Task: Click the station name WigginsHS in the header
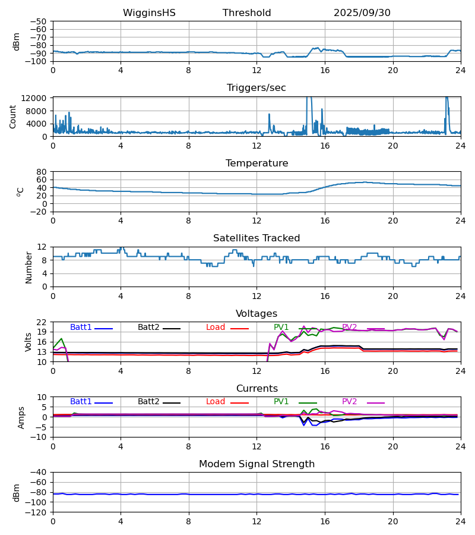(149, 13)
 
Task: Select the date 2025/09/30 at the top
(362, 13)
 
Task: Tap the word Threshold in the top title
(246, 13)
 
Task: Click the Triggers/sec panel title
(256, 88)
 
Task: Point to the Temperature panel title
(256, 163)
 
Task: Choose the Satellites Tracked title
(256, 238)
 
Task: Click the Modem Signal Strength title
(256, 464)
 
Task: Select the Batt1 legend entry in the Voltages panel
(81, 328)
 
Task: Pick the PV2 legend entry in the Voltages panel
(350, 328)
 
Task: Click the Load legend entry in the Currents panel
(216, 402)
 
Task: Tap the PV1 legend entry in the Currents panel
(281, 402)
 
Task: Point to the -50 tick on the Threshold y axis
(41, 21)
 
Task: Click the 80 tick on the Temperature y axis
(42, 172)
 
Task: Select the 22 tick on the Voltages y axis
(42, 322)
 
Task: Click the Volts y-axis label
(28, 342)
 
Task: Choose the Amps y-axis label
(23, 417)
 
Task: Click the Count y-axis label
(13, 116)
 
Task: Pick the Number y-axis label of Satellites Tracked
(28, 267)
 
